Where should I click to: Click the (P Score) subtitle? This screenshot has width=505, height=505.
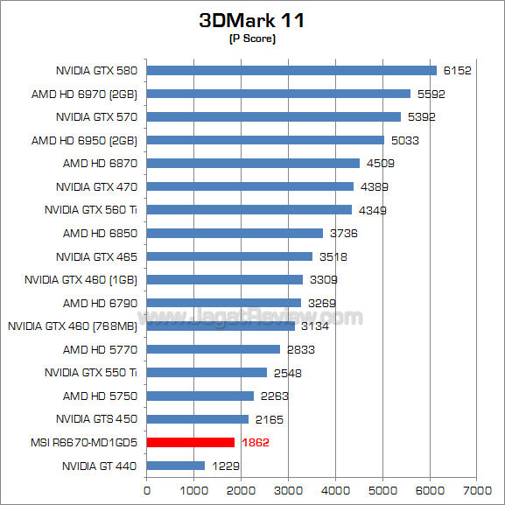coord(251,39)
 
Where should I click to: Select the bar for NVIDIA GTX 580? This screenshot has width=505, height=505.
coord(291,70)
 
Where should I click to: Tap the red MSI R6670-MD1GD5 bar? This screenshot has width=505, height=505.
coord(191,442)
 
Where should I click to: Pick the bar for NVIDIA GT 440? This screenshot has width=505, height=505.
coord(176,466)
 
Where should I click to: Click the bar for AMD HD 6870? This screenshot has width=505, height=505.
coord(253,163)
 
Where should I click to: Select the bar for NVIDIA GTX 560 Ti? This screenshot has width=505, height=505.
coord(249,209)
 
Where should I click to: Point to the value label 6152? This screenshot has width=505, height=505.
coord(457,71)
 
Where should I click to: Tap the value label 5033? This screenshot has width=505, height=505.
coord(404,140)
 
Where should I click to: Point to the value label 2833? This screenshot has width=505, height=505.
coord(300,349)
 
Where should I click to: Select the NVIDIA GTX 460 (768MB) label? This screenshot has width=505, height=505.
coord(73,326)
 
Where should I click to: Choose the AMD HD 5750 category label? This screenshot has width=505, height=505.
coord(100,396)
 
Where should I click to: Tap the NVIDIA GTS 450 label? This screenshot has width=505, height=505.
coord(96,418)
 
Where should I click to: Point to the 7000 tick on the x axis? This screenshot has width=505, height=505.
coord(476,489)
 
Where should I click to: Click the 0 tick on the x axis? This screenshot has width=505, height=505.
coord(147,489)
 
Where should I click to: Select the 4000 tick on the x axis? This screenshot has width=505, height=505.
coord(335,489)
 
